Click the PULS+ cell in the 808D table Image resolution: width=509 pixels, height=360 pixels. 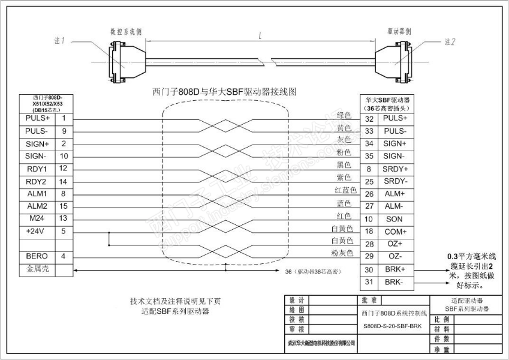37,119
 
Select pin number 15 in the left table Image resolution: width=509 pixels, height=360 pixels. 64,206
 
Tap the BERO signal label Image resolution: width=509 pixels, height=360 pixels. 37,257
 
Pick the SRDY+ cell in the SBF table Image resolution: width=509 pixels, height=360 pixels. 395,169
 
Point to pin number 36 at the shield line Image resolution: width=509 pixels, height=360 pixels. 288,271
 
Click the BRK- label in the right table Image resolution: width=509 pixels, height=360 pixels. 395,281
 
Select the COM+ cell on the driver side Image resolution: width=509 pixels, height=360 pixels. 395,232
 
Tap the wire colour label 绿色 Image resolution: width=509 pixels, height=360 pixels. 344,115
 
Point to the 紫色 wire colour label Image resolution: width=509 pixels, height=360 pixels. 344,178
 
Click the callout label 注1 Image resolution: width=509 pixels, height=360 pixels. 59,41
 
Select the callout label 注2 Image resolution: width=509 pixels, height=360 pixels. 451,42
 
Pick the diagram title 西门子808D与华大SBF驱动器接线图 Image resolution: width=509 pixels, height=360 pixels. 225,92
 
